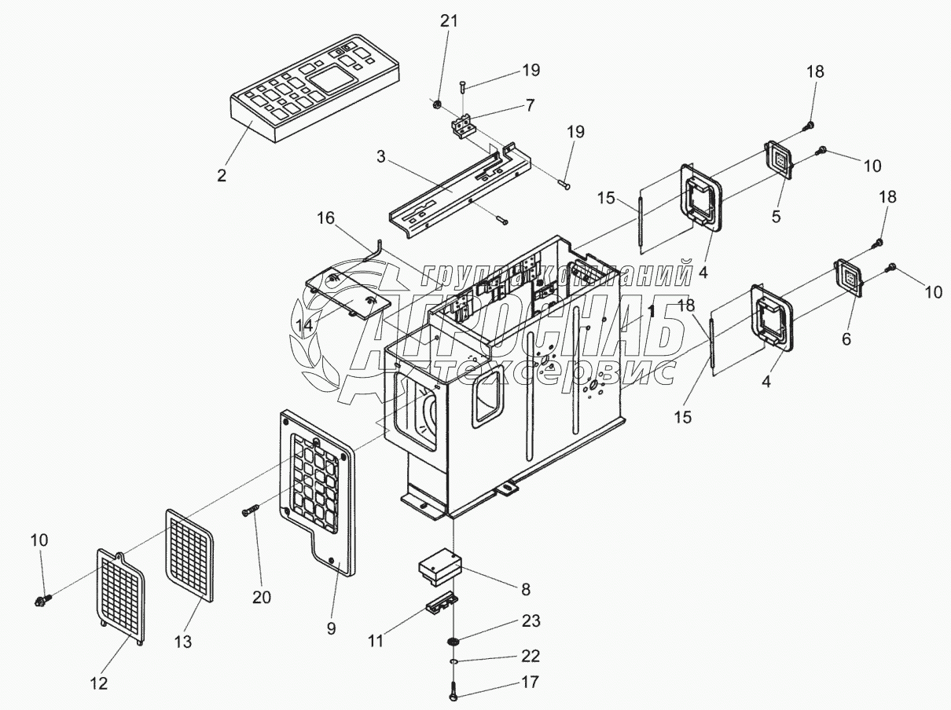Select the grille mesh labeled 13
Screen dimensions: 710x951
pos(190,554)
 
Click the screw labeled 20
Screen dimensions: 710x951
pos(249,511)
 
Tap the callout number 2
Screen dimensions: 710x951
pos(222,174)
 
